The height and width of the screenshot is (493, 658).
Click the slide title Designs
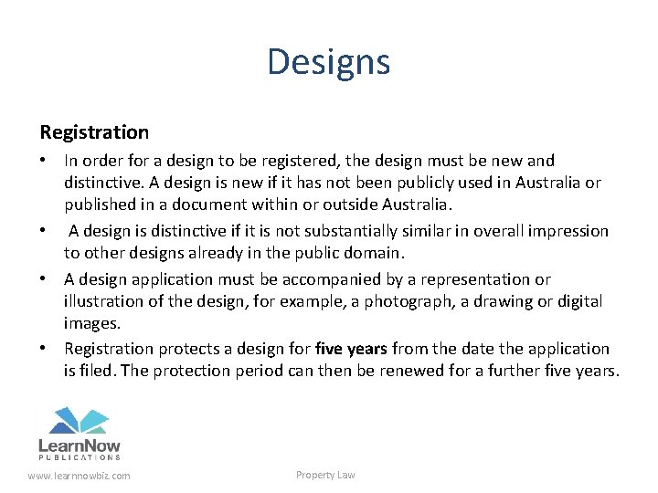coord(329,62)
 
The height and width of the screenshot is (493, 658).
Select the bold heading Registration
coord(93,132)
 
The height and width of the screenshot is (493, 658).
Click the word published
coord(100,205)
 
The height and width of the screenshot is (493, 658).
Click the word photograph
coord(403,300)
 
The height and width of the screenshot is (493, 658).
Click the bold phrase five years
coord(351,349)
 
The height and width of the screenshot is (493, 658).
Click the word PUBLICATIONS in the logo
coord(80,456)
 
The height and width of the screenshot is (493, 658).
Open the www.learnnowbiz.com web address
coord(79,476)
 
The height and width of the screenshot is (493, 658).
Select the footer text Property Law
coord(325,475)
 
